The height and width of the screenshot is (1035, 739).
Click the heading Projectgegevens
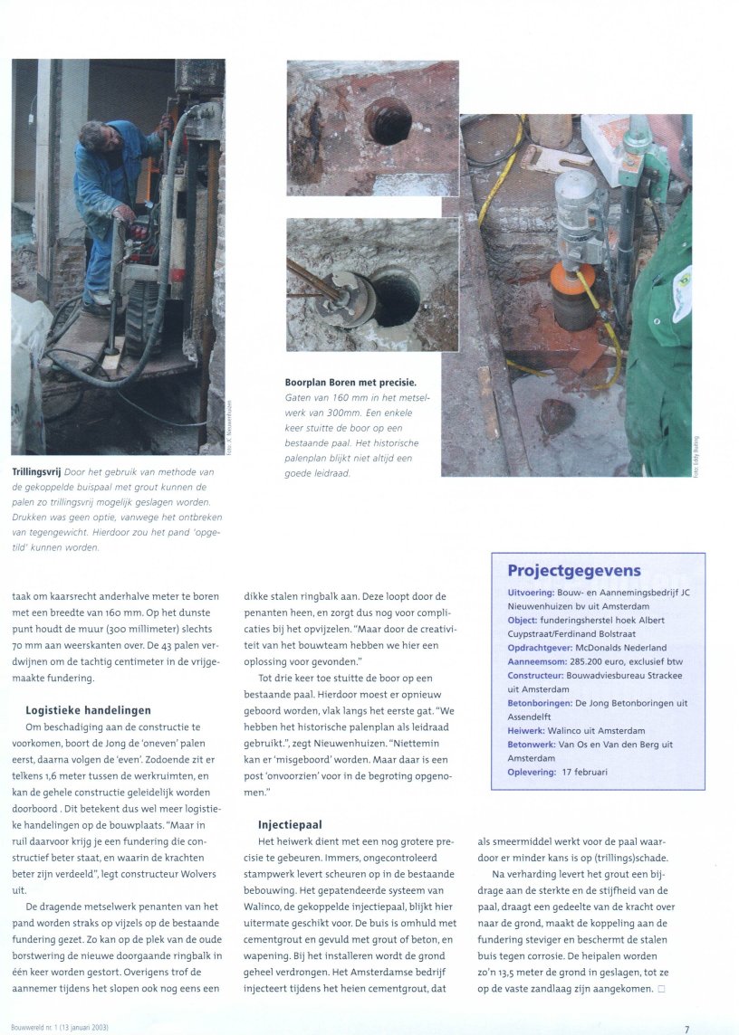pos(574,571)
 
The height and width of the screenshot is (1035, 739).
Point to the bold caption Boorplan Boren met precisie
pos(350,383)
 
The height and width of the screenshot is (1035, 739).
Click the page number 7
pos(687,1029)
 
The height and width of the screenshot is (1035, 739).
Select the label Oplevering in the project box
pos(536,772)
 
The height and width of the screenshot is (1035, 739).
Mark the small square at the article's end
pos(662,989)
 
